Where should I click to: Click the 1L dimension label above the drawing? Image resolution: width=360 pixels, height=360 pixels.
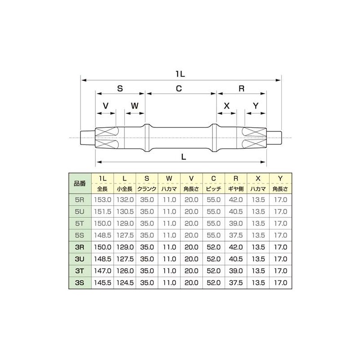point(180,72)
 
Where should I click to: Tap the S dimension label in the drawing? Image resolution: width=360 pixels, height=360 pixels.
point(120,89)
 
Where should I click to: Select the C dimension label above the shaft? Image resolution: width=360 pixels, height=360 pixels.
point(179,89)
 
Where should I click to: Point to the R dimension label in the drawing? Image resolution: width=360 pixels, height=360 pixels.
point(241,89)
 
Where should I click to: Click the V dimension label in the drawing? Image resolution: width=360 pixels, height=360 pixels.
point(106,106)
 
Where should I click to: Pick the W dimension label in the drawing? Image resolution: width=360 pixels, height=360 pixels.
point(135,106)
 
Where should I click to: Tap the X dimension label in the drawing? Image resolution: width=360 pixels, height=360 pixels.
point(227,106)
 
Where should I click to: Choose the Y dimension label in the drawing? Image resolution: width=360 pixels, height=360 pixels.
point(256,106)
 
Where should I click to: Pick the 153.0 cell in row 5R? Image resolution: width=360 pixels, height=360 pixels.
point(102,199)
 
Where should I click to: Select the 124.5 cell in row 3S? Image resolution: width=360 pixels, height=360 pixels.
point(124,283)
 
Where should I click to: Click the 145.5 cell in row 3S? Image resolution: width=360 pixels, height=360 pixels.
point(102,283)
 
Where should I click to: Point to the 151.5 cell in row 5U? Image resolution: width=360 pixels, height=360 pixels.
point(102,211)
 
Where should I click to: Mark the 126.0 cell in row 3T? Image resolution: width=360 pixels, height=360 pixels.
point(124,271)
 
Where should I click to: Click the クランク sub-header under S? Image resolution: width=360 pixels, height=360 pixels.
point(147,189)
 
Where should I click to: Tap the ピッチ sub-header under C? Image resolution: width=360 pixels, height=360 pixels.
point(213,189)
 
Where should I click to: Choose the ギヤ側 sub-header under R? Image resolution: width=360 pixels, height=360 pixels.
point(236,189)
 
